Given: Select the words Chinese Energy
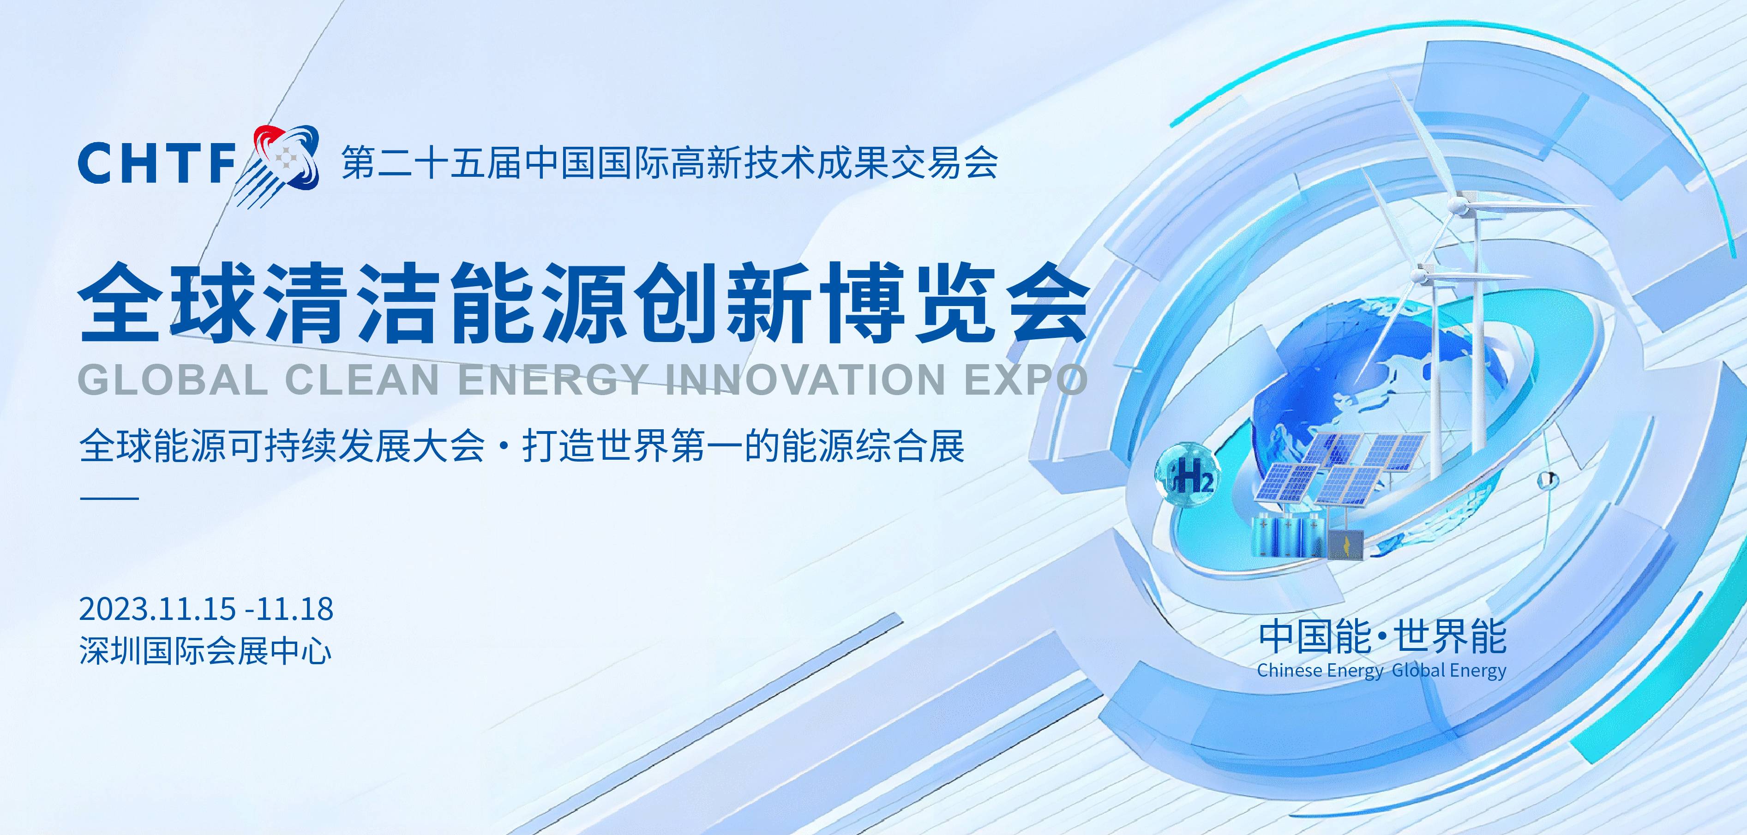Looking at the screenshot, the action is [1320, 671].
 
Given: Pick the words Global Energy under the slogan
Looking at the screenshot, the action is [1449, 671].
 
